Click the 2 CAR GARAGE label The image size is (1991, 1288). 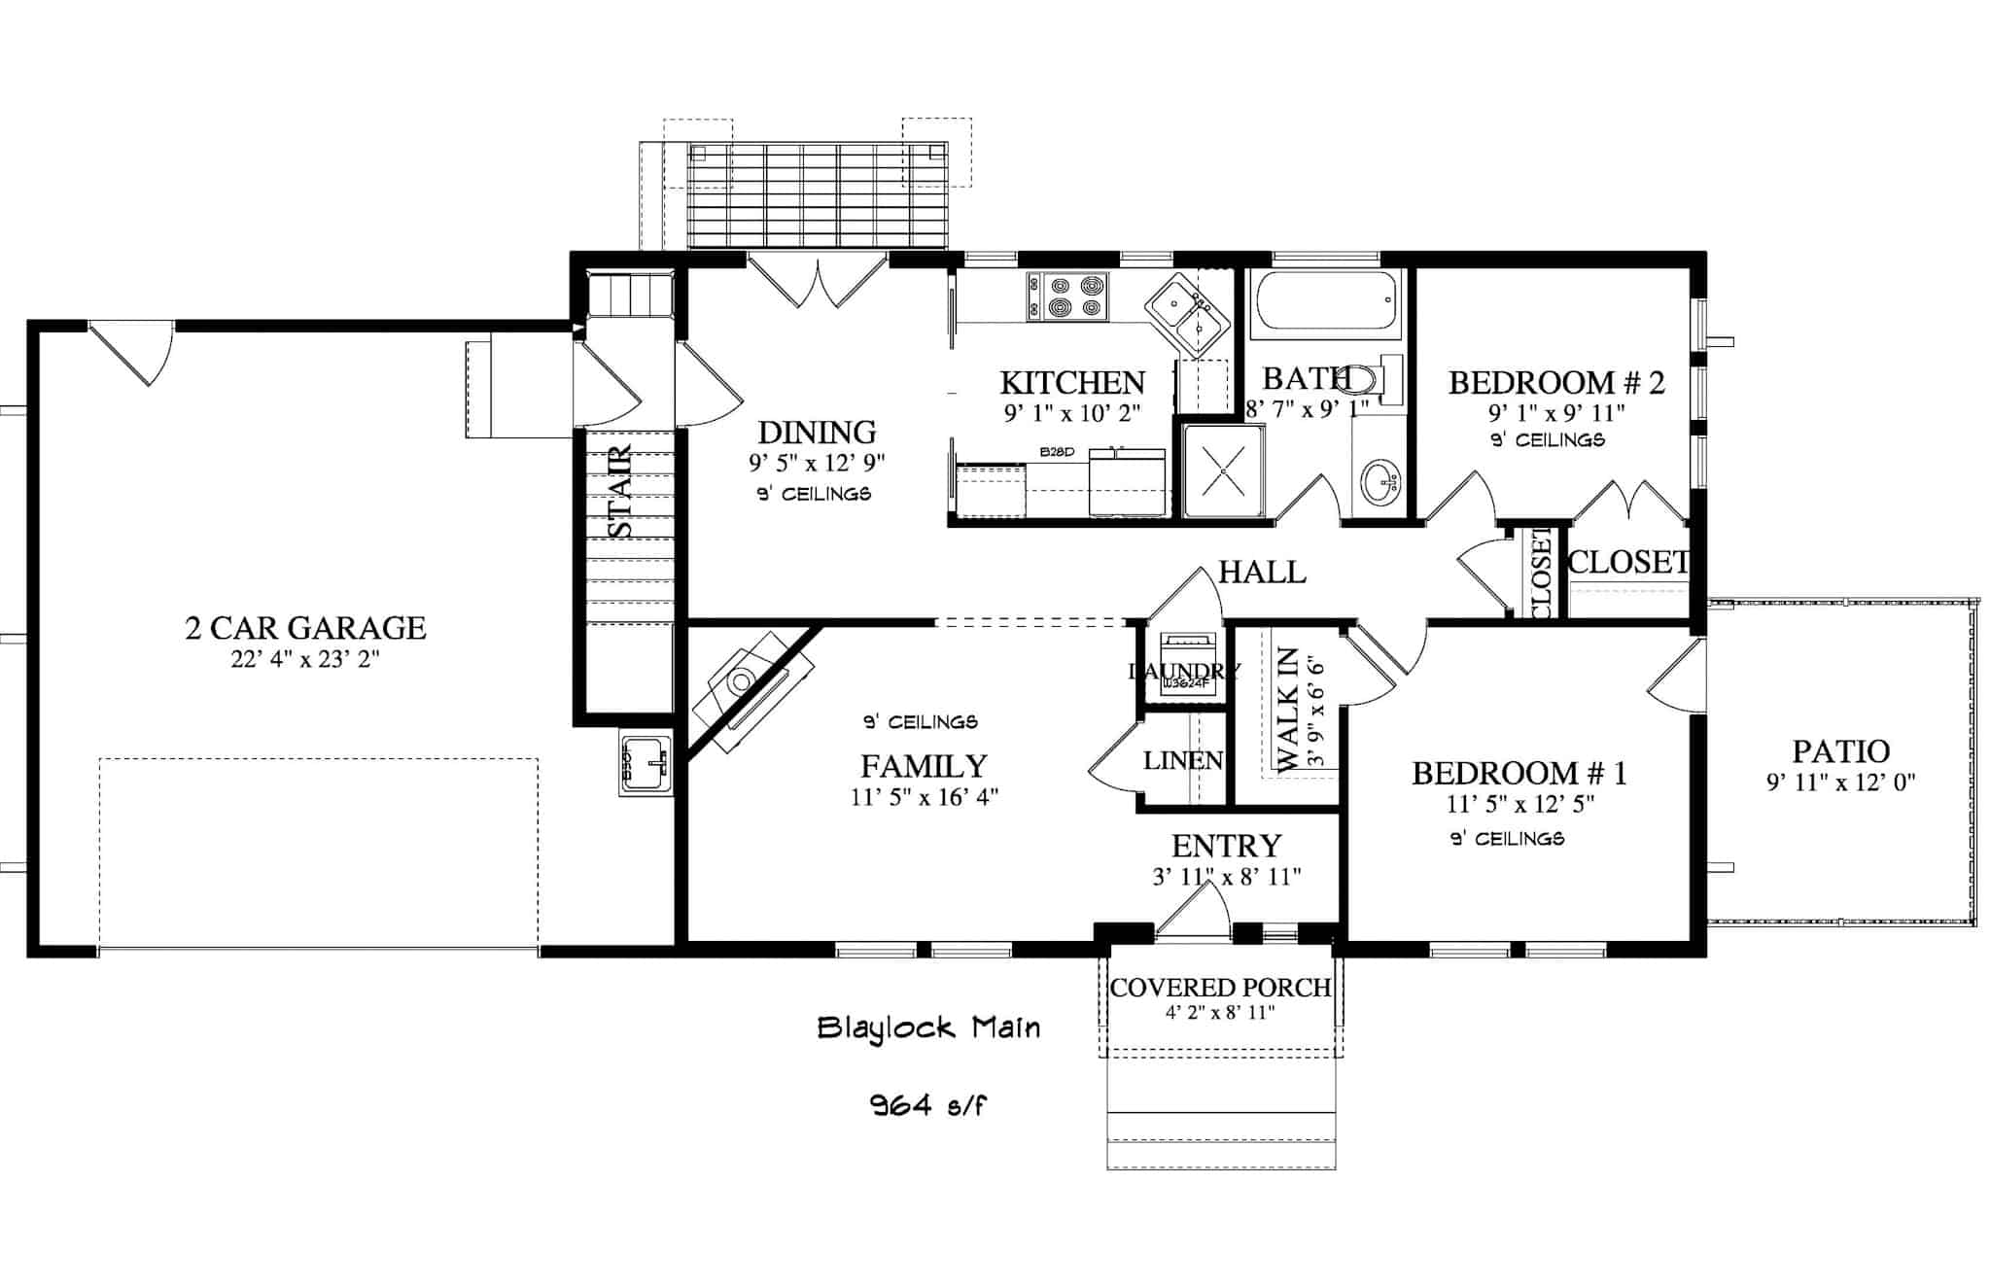click(x=305, y=628)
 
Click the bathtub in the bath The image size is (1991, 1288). click(x=1325, y=303)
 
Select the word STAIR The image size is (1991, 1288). click(x=620, y=492)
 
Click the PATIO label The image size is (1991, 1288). click(x=1840, y=751)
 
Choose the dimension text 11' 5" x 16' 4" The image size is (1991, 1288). click(x=924, y=798)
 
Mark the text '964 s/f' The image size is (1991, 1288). click(x=929, y=1105)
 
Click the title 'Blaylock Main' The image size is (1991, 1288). click(x=928, y=1027)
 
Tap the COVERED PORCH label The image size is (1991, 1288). click(x=1220, y=988)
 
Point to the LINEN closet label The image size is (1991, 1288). click(x=1182, y=761)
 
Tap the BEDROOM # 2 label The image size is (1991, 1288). click(x=1556, y=383)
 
